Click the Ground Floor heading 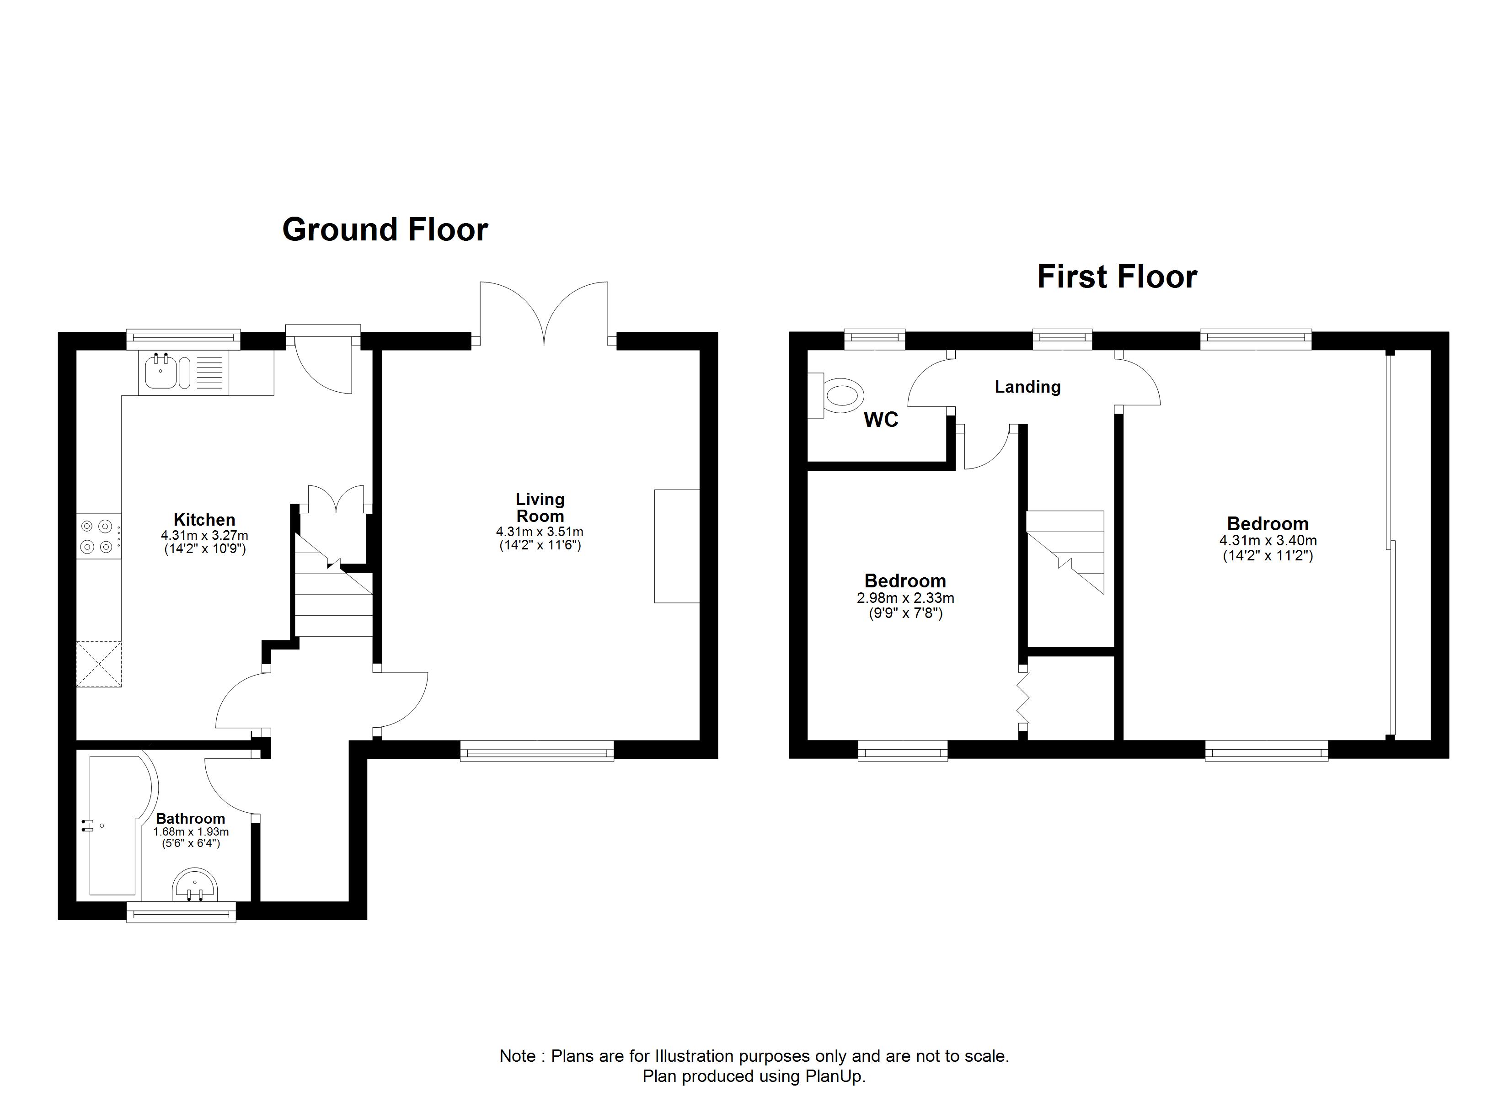(385, 229)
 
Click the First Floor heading (1117, 276)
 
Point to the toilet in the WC (836, 395)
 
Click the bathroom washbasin (195, 885)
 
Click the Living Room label (540, 507)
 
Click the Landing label (1027, 387)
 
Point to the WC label (881, 419)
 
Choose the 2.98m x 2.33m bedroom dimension (905, 598)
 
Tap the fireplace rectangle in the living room (677, 546)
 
